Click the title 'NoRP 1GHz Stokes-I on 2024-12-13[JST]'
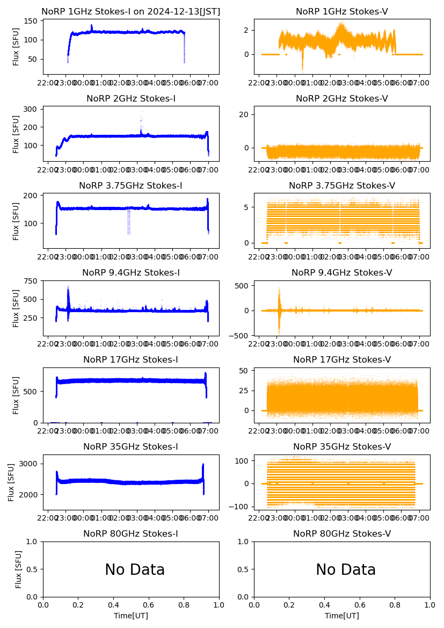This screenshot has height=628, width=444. point(131,11)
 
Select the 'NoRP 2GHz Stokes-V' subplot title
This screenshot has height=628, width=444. point(342,98)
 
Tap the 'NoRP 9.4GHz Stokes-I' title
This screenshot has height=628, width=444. point(131,272)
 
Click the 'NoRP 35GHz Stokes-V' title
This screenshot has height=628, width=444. point(342,446)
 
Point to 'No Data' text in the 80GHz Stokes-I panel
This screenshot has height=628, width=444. point(135,569)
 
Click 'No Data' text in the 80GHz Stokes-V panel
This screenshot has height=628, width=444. point(346,569)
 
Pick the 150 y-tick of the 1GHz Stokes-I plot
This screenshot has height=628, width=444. point(32,21)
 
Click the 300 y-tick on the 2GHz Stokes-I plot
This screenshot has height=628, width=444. point(32,109)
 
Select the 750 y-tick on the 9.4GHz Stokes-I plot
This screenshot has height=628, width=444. point(32,281)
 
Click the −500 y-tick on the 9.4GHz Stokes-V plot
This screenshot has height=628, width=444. point(240,336)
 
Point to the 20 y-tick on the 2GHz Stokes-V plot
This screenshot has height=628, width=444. point(245,114)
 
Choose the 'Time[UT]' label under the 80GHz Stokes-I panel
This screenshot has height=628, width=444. point(131,616)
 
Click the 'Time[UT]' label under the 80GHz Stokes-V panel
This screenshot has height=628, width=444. point(342,616)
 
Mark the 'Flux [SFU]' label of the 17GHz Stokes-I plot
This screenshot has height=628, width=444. point(16,395)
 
